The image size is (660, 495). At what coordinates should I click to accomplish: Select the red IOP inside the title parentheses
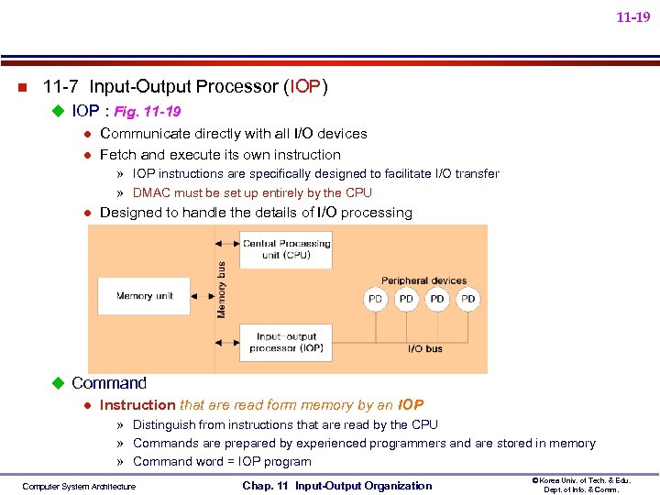point(305,87)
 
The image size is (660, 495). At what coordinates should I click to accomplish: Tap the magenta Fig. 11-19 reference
point(147,112)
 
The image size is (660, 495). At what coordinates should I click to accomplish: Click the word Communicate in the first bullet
point(142,134)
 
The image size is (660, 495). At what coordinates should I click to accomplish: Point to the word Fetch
point(117,155)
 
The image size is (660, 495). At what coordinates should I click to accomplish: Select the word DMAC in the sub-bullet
point(150,192)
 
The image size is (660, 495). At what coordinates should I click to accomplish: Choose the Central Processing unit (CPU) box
point(286,248)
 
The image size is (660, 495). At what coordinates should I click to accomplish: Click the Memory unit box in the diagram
point(147,296)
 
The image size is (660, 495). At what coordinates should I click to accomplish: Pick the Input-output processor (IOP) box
point(286,342)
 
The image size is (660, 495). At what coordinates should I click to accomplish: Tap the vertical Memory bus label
point(221,290)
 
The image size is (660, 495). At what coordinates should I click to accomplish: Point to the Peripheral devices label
point(424,280)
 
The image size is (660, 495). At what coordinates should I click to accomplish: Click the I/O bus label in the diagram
point(425,348)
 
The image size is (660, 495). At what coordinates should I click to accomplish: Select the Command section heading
point(108,383)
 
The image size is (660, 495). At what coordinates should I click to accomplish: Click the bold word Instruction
point(137,405)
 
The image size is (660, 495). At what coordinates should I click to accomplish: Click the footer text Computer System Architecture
point(79,487)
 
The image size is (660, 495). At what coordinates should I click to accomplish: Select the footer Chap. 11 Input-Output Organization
point(336,486)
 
